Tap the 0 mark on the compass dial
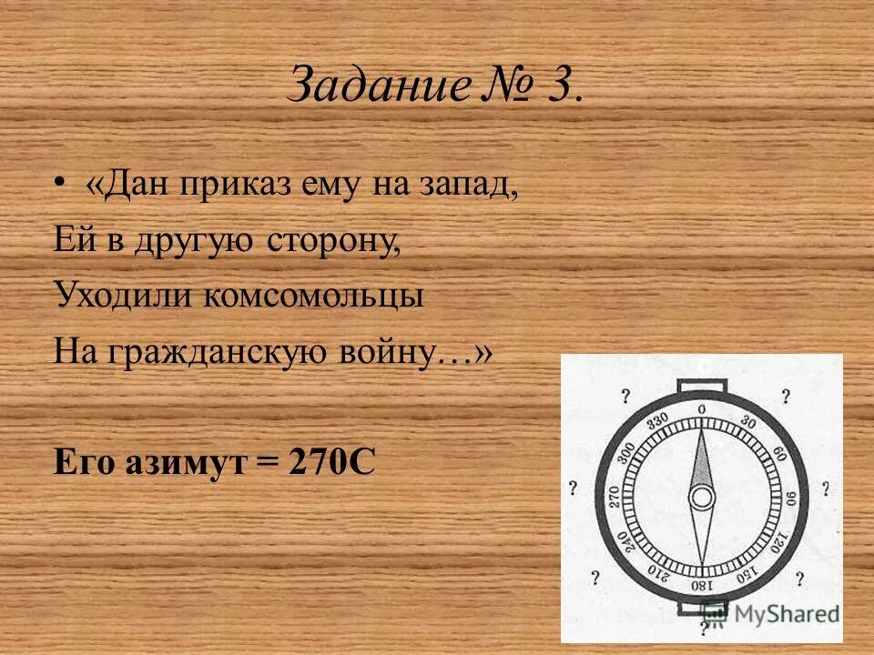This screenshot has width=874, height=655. click(x=701, y=409)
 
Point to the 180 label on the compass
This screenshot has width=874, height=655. click(x=701, y=585)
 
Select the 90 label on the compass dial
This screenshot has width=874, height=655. click(x=789, y=498)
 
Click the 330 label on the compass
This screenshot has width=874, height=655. click(x=657, y=421)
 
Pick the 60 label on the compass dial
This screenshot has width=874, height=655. click(x=778, y=454)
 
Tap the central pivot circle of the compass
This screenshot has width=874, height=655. click(x=701, y=498)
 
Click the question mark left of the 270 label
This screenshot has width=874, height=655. click(x=572, y=489)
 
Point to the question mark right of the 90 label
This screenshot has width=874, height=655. click(x=826, y=489)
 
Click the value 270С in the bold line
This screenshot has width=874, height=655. click(x=331, y=462)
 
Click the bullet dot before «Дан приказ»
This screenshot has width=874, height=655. click(x=60, y=185)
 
